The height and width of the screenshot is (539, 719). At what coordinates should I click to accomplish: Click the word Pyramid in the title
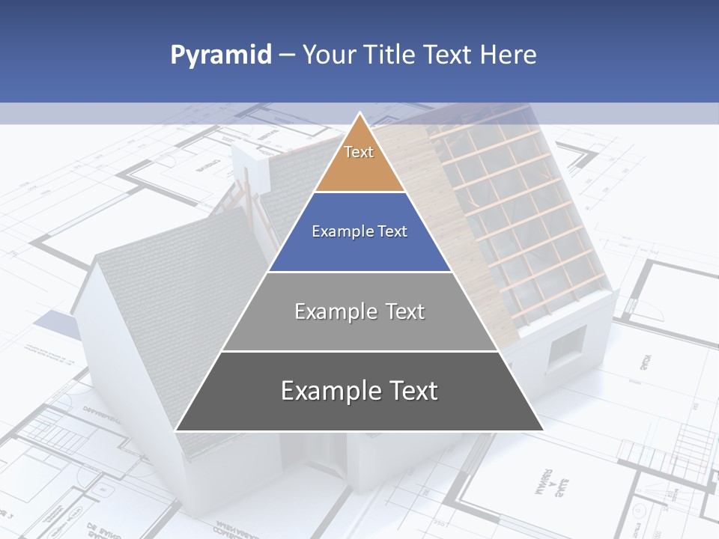220,55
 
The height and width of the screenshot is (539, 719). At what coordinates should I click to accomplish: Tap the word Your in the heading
329,55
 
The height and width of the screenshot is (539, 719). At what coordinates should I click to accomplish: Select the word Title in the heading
392,55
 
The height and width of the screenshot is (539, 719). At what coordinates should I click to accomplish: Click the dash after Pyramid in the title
286,55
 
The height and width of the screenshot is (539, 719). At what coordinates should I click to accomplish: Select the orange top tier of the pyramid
359,168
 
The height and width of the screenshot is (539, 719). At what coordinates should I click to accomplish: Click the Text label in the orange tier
359,152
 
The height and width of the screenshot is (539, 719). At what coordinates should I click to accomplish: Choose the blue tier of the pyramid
359,247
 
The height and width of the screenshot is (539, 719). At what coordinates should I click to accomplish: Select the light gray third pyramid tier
359,329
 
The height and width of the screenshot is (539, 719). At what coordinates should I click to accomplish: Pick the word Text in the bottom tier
414,391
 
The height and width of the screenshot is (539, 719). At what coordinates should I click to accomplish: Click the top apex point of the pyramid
359,114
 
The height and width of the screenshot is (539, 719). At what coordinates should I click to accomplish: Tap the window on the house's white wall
567,348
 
